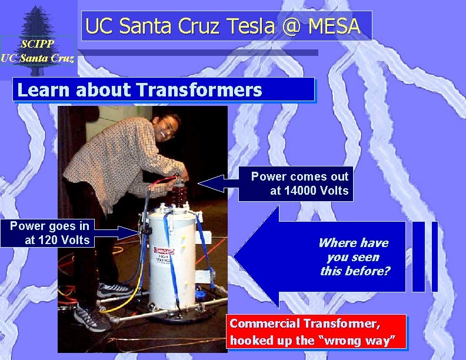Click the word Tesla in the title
click(252, 26)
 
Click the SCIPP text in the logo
click(38, 44)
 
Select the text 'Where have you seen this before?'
click(354, 257)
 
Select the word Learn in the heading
click(44, 90)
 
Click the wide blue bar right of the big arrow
click(418, 256)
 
